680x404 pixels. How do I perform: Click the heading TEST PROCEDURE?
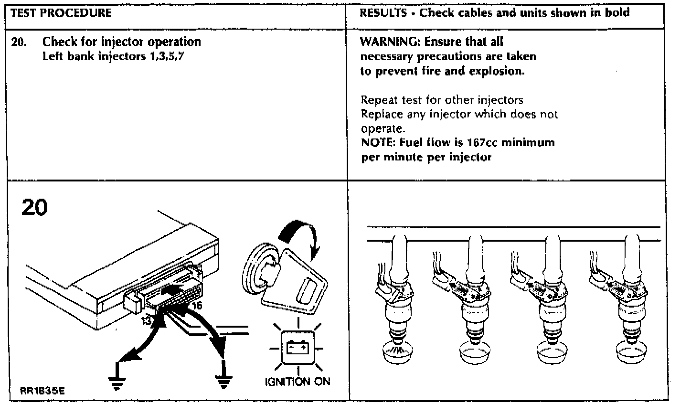(61, 13)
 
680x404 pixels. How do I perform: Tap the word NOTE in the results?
(376, 142)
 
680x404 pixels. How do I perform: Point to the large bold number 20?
(35, 209)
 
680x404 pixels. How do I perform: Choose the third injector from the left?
(552, 301)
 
